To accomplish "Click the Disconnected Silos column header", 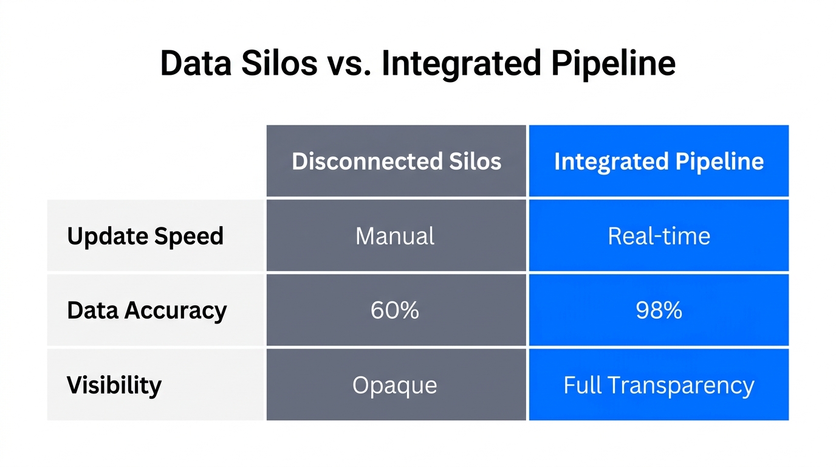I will pyautogui.click(x=396, y=161).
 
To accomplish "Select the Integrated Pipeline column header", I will pyautogui.click(x=659, y=161).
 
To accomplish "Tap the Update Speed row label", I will pyautogui.click(x=145, y=236).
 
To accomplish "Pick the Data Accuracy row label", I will pyautogui.click(x=146, y=310).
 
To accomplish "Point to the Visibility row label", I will pyautogui.click(x=114, y=385).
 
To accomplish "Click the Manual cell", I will pyautogui.click(x=395, y=236).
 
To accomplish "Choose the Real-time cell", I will pyautogui.click(x=659, y=236).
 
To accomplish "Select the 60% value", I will pyautogui.click(x=395, y=310).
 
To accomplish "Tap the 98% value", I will pyautogui.click(x=659, y=310).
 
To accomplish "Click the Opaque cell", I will pyautogui.click(x=395, y=385).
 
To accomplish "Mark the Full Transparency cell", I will pyautogui.click(x=659, y=385).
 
